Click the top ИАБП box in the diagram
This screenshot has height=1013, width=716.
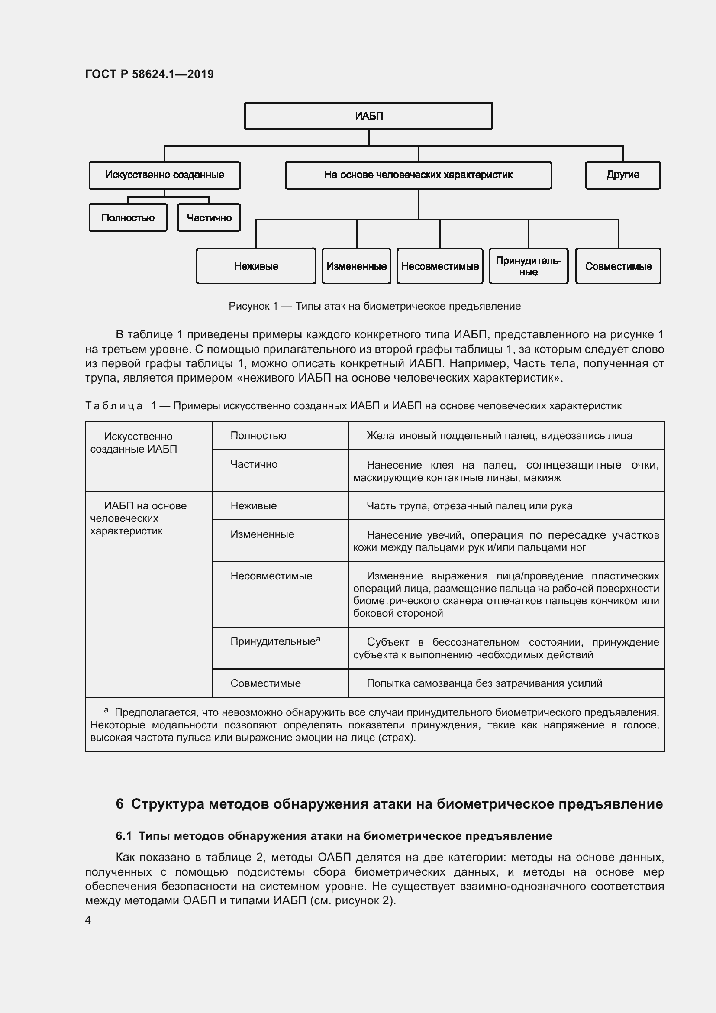coord(368,116)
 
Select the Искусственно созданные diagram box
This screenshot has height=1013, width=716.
coord(164,175)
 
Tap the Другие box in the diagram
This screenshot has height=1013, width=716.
coord(622,175)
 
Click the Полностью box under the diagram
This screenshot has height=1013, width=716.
coord(128,217)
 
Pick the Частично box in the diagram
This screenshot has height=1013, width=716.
coord(209,217)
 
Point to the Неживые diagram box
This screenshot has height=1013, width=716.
coord(256,266)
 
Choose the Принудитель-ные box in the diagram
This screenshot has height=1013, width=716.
coord(528,266)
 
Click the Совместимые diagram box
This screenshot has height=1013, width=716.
coord(618,266)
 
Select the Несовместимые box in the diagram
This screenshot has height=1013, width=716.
coord(439,266)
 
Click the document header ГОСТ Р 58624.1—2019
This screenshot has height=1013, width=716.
coord(149,74)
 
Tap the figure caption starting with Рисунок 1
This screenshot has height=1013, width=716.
coord(374,306)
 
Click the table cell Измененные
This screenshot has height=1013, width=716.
coord(262,534)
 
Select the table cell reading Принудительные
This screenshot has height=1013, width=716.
coord(273,641)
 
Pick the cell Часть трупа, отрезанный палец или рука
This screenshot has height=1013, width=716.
coord(469,506)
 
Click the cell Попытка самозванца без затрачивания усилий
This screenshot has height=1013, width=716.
coord(484,683)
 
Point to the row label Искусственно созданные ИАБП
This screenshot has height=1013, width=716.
coord(134,443)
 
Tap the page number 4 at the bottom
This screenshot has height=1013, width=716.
coord(88,920)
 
